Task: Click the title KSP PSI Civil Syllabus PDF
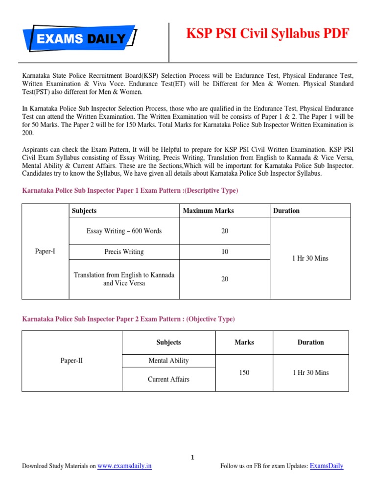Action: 268,34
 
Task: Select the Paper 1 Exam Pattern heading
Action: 130,190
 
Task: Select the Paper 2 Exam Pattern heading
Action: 128,319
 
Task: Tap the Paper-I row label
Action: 46,251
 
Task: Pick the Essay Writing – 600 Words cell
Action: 124,231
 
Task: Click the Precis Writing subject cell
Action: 124,251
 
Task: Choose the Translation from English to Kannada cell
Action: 124,279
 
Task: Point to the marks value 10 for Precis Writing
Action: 225,251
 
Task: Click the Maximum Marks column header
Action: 208,211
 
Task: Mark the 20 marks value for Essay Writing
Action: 225,231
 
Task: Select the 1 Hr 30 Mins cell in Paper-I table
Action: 310,258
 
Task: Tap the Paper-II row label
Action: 71,361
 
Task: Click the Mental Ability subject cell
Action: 168,361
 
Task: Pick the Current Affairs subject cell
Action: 168,379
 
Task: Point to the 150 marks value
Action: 244,373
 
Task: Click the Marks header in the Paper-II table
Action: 244,342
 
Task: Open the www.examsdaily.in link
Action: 124,466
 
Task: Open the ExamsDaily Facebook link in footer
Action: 327,466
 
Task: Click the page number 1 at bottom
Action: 193,457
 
